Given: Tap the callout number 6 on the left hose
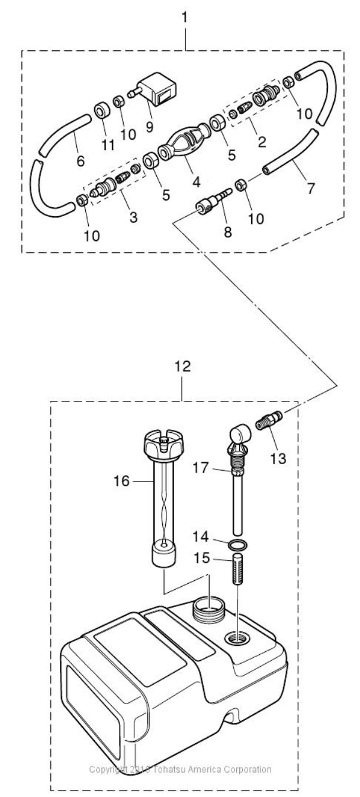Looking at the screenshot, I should point(81,160).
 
